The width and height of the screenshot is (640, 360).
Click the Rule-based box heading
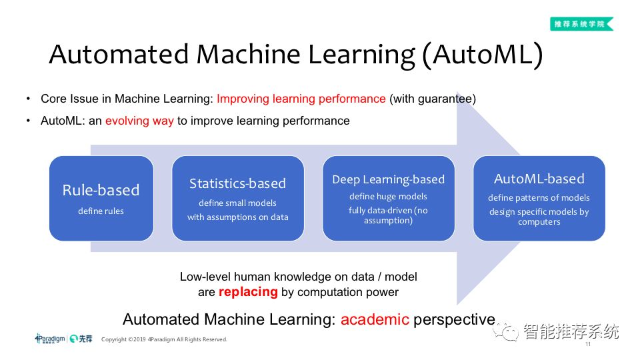101,190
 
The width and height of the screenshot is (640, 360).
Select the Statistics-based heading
237,183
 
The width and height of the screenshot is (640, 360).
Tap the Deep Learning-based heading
388,179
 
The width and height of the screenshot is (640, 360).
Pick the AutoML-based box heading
539,179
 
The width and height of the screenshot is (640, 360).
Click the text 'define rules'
101,211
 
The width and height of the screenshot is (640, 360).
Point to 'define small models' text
237,203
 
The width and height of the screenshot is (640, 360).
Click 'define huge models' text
388,196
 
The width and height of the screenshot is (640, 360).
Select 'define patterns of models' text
539,197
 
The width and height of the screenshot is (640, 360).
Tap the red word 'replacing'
248,291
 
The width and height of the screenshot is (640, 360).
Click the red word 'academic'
375,319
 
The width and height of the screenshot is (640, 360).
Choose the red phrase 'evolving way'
139,121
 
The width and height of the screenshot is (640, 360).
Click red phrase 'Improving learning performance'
301,99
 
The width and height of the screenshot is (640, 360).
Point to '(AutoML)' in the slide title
482,55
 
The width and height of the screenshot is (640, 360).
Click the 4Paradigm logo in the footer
50,339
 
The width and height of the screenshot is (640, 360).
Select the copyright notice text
164,339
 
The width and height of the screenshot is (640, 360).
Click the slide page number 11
588,345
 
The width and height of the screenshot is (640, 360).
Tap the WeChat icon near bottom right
510,331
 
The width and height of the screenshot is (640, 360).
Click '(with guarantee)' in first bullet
432,99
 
